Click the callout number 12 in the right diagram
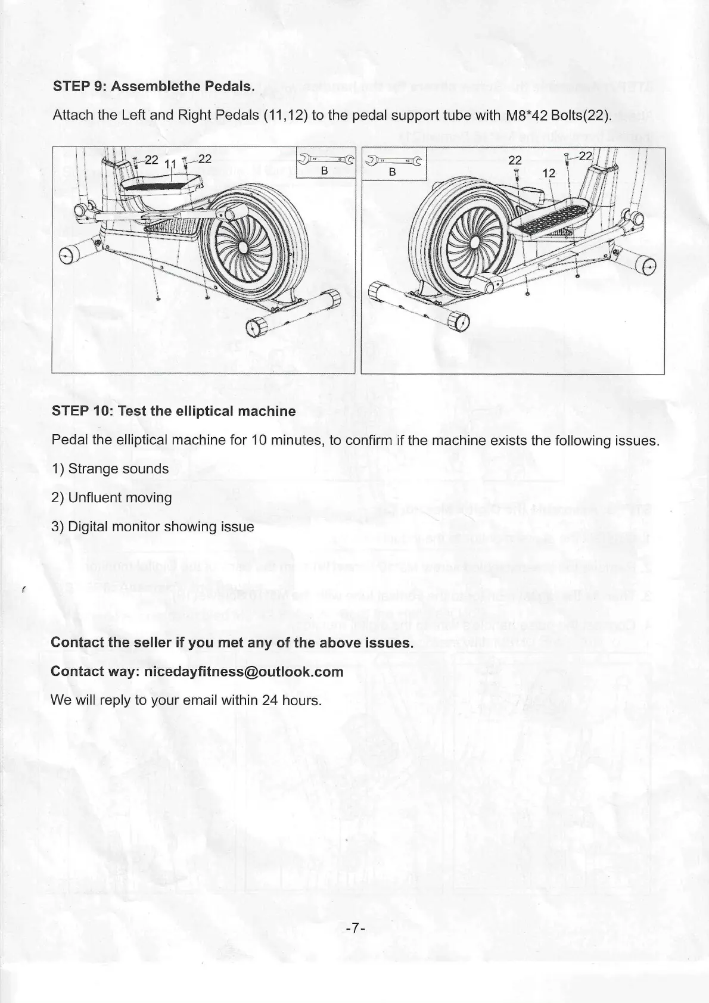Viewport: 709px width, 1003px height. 549,173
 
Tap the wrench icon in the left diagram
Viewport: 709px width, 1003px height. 325,160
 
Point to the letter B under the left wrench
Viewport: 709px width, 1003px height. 325,171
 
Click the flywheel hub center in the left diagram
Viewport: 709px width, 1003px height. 244,247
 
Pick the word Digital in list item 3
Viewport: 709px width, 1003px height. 88,527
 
